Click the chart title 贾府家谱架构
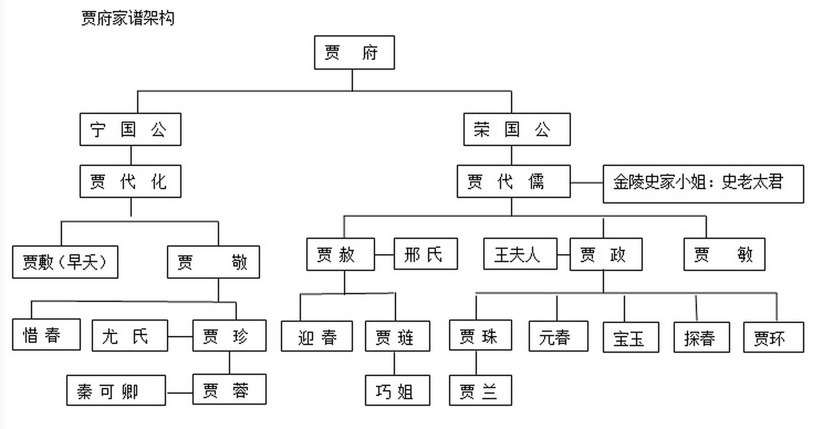click(128, 18)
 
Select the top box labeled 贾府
click(354, 53)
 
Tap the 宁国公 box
click(130, 129)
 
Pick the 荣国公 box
click(517, 129)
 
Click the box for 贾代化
click(130, 181)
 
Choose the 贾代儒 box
click(513, 181)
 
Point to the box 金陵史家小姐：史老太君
click(703, 184)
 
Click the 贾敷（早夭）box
click(65, 262)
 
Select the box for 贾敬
click(213, 262)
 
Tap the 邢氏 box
click(426, 254)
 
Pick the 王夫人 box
click(520, 254)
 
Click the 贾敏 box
click(724, 254)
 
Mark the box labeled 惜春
click(46, 334)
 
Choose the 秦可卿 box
click(116, 390)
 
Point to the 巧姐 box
click(397, 390)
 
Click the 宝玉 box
click(631, 338)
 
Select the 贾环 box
click(773, 338)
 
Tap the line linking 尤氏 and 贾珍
click(180, 336)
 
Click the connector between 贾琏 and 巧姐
click(394, 363)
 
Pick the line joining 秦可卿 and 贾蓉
click(179, 393)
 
